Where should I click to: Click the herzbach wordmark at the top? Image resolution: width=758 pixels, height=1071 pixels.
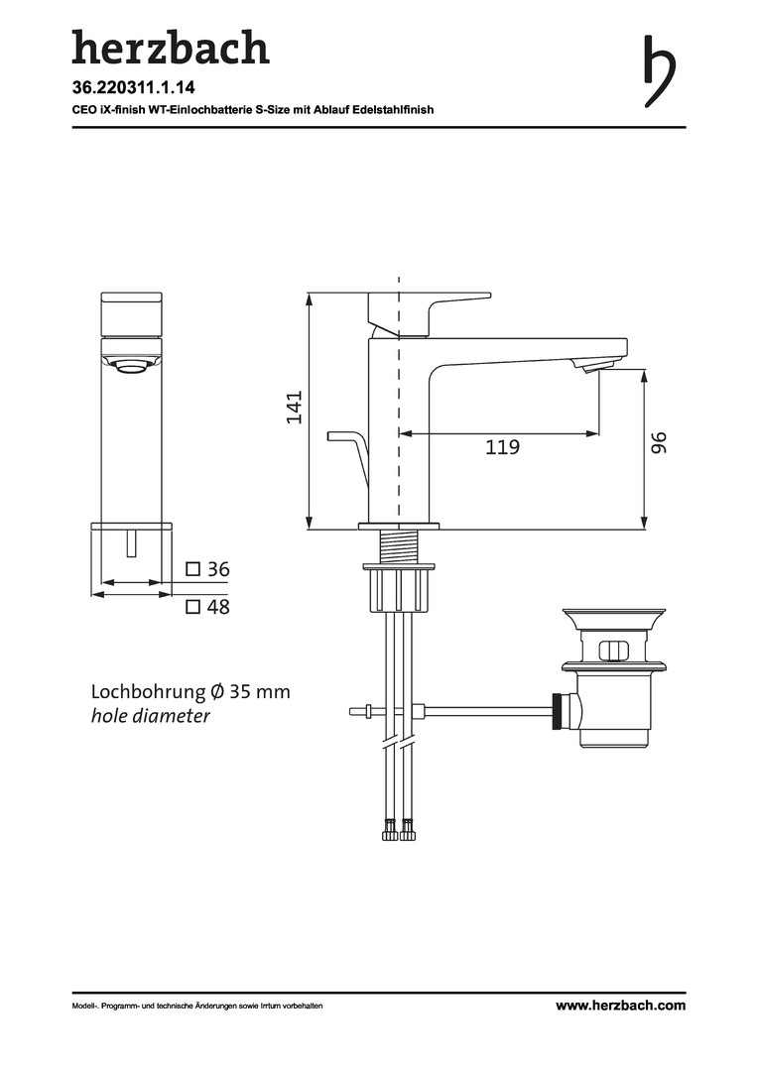(171, 48)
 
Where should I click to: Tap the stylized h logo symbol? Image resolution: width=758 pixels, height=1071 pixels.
(660, 71)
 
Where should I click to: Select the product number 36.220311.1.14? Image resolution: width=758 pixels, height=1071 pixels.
(133, 87)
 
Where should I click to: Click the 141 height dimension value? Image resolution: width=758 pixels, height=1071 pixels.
(294, 408)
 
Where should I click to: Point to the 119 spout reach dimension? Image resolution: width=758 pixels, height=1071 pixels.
(502, 447)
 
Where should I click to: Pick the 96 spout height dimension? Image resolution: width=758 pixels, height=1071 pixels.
(658, 442)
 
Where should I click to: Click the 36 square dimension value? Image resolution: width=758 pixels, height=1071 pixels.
(218, 569)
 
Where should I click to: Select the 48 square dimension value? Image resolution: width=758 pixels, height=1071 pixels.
(218, 607)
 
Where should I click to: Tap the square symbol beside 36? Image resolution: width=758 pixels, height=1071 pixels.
(193, 569)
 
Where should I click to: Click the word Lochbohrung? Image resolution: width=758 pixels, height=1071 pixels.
(148, 692)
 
